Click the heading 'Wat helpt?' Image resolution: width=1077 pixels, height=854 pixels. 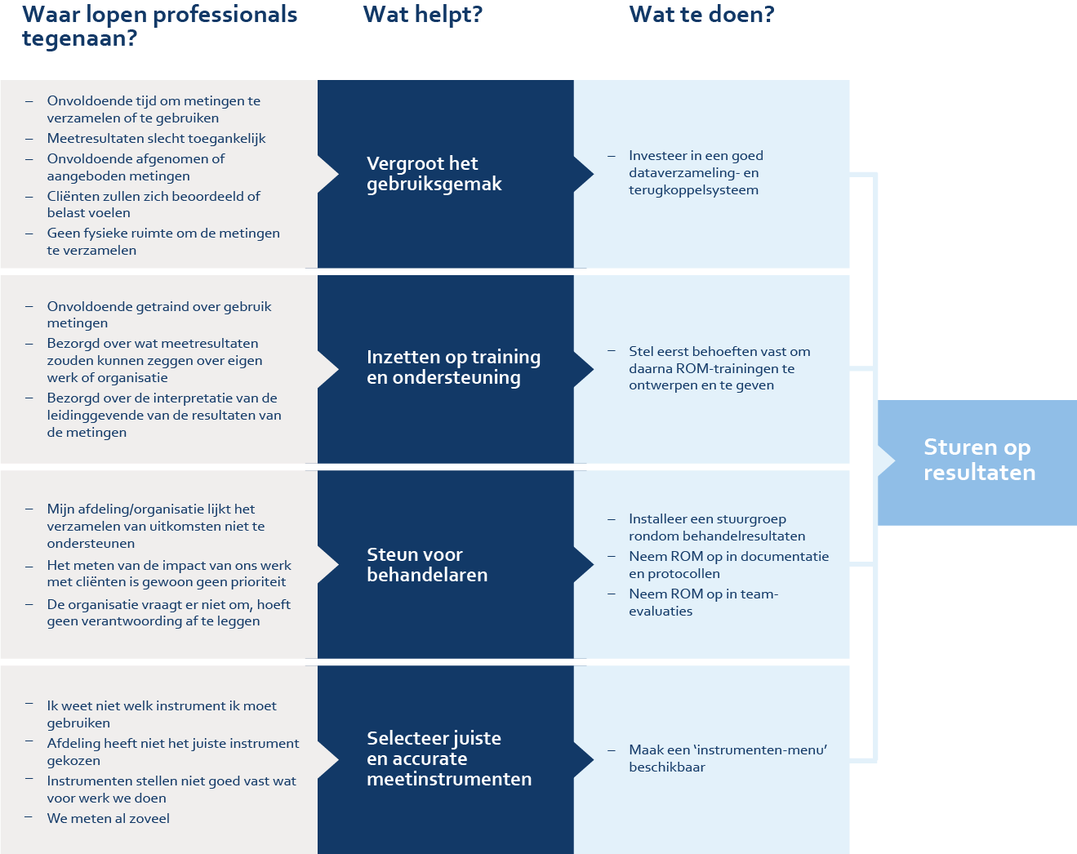click(x=422, y=15)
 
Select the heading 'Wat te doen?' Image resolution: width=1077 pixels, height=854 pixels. click(x=701, y=15)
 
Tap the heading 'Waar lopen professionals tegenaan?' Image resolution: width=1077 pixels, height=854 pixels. click(x=159, y=26)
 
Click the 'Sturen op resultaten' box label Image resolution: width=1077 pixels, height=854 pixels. click(x=978, y=460)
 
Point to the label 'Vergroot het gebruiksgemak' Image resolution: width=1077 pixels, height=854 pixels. click(x=434, y=174)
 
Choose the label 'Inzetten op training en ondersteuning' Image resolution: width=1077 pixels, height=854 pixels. click(x=453, y=367)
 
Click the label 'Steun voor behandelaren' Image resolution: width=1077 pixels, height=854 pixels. click(x=426, y=564)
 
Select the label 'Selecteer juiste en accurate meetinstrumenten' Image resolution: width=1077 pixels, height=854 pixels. click(x=448, y=758)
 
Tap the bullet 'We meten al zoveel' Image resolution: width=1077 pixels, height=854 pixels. click(x=109, y=818)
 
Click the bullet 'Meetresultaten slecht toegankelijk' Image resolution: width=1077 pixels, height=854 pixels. click(x=156, y=139)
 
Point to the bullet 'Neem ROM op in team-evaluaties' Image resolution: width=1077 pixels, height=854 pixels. click(x=703, y=603)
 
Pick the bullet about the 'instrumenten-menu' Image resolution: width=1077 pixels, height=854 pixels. click(x=727, y=758)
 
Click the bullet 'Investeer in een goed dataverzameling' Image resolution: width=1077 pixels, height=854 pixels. click(x=696, y=172)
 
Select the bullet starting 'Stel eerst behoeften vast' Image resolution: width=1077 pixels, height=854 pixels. click(x=719, y=368)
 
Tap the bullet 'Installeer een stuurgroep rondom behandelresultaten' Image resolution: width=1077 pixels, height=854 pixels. click(x=716, y=527)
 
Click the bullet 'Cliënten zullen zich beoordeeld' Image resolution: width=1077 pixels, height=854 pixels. click(x=154, y=204)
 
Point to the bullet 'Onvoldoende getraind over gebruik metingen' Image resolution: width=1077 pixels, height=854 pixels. click(x=158, y=314)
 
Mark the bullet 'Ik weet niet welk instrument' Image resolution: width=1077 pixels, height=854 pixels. click(x=161, y=714)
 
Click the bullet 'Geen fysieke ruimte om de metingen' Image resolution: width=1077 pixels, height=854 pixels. click(x=162, y=242)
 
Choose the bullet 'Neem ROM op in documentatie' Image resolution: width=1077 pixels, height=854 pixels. click(x=728, y=565)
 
